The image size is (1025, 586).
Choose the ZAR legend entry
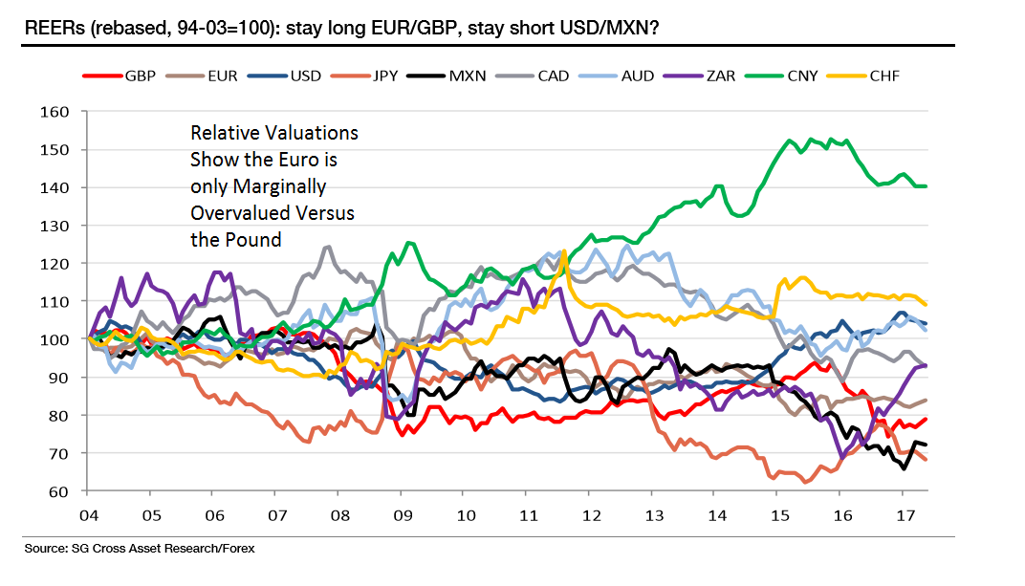coord(717,76)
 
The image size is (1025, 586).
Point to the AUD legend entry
coord(636,76)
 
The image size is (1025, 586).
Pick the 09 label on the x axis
coord(403,514)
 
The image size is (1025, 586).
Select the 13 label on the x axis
coord(654,514)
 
